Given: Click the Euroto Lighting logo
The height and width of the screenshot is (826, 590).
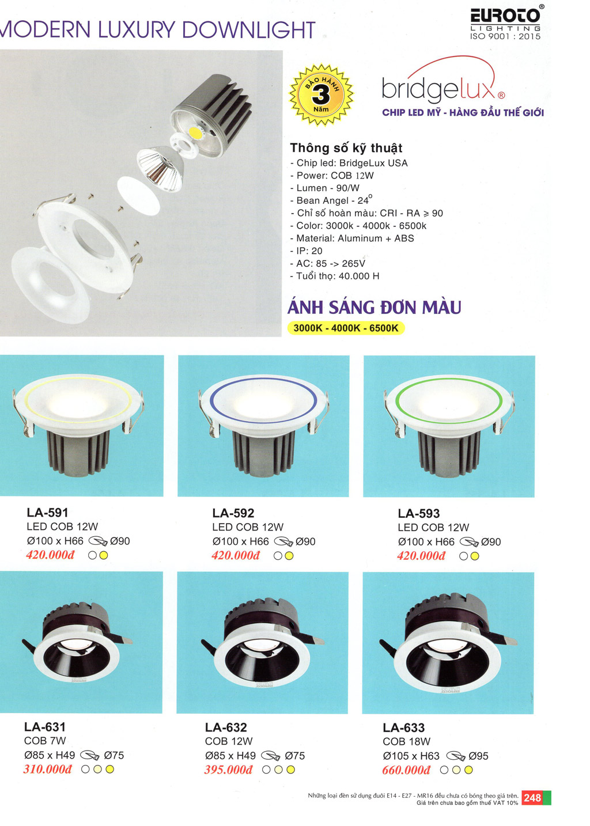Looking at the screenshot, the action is coord(505,22).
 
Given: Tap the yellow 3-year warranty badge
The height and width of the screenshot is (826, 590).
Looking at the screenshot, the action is coord(321,94).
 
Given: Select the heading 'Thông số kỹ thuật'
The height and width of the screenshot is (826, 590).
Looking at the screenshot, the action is coord(346,148).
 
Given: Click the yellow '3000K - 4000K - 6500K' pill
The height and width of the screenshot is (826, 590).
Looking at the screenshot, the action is coord(346,328).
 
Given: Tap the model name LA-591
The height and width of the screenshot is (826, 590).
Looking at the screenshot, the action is coord(47,513).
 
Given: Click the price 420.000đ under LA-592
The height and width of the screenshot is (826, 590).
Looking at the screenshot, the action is coord(236,555).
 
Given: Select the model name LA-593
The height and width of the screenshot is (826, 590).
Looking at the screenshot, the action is coord(418,513).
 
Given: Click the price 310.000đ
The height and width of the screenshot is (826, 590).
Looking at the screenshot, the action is coord(48,769).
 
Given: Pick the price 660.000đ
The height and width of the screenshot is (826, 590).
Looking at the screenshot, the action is coord(406,770).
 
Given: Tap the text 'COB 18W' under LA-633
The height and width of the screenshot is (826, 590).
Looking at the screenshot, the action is coord(406,741).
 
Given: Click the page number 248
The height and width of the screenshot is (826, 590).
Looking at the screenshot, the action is coord(532,798).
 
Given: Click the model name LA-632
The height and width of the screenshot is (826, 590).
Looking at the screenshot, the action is coord(226,727).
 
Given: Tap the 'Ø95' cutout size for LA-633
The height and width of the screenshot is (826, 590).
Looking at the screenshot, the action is coord(478,756).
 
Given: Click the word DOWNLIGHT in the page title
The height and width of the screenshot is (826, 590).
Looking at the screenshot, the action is coord(249,29).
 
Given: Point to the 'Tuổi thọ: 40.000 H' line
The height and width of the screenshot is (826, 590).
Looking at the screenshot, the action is coord(335,276).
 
